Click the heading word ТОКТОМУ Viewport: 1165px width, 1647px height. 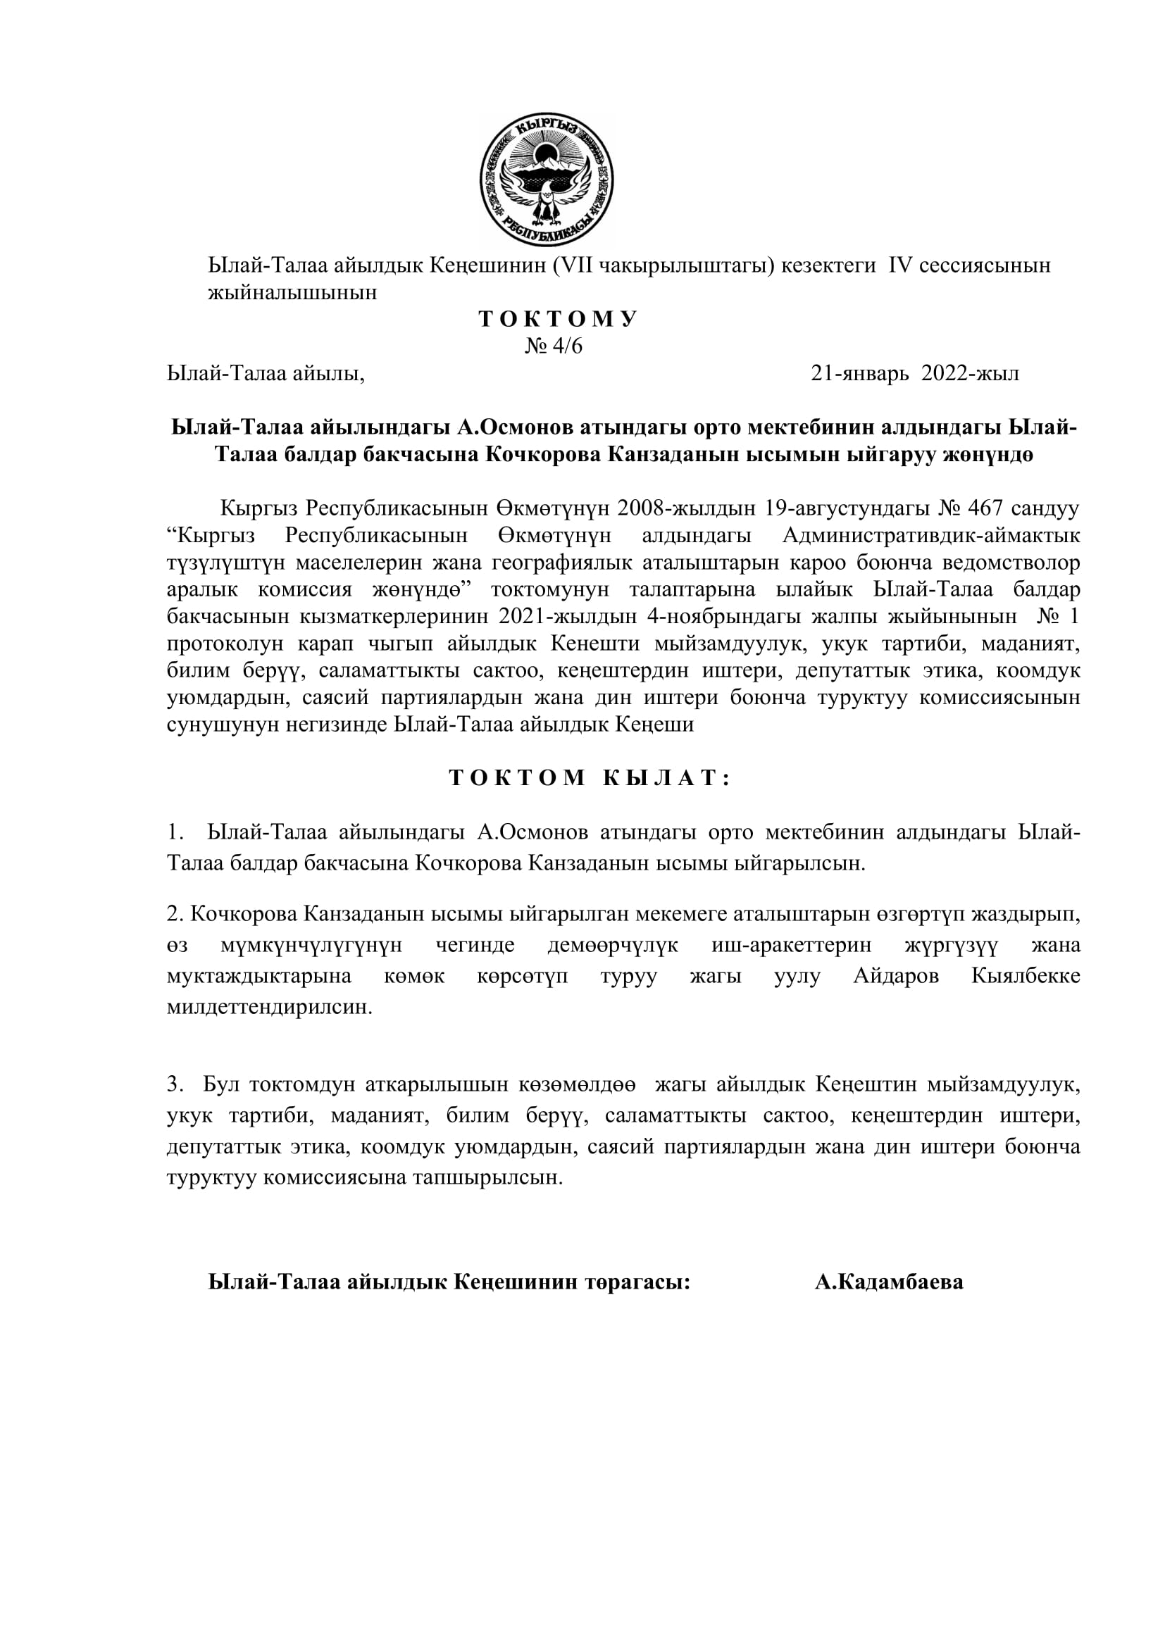click(558, 319)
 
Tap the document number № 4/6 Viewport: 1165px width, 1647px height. click(554, 346)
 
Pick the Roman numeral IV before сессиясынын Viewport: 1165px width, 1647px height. click(899, 265)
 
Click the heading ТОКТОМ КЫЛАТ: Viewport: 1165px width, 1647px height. click(590, 778)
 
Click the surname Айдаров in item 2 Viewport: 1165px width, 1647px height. click(896, 976)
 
